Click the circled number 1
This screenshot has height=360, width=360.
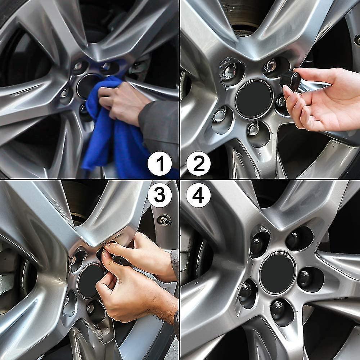pos(159,163)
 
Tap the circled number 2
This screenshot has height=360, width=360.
pos(198,163)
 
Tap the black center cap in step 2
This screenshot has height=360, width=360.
pos(254,99)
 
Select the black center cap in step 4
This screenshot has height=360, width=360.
pos(277,273)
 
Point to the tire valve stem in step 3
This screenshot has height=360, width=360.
pos(165,220)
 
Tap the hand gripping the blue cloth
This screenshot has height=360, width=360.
pos(119,103)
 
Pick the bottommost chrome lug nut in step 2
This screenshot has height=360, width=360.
pos(253,129)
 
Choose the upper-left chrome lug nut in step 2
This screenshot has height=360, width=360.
pos(229,71)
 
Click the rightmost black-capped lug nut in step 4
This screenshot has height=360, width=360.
pos(305,277)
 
